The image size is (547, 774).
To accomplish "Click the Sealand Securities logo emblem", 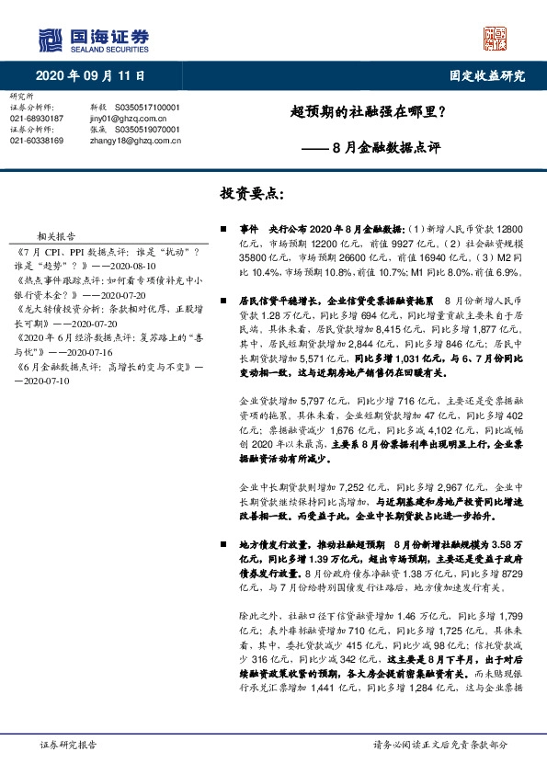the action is pyautogui.click(x=51, y=40).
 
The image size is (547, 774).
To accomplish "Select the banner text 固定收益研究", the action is pyautogui.click(x=486, y=75).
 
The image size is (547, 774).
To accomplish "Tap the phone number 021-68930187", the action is pyautogui.click(x=38, y=119).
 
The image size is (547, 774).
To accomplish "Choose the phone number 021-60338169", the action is pyautogui.click(x=38, y=141).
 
